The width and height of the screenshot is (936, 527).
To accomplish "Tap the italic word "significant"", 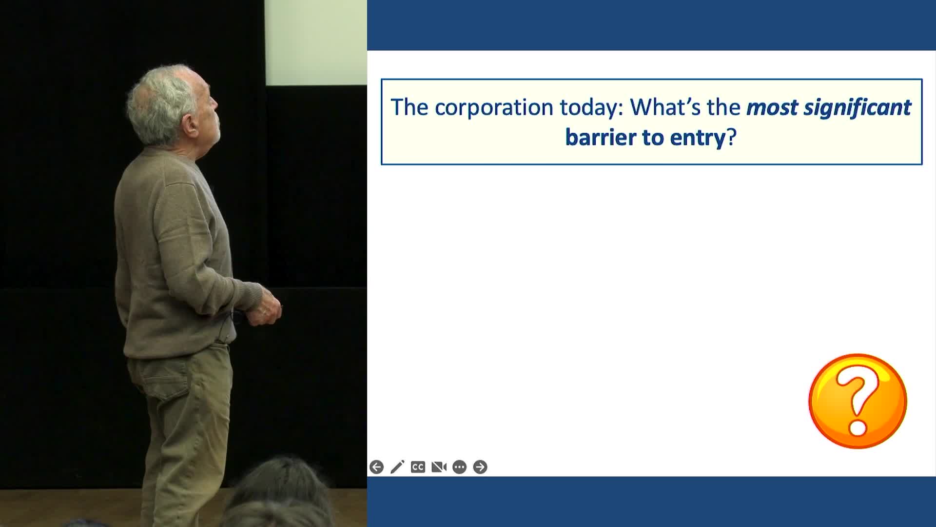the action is [857, 107].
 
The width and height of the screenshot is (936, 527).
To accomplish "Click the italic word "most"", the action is [772, 108].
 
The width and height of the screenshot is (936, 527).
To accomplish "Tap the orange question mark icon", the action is [858, 401].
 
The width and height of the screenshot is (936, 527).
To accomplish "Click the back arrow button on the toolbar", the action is [376, 467].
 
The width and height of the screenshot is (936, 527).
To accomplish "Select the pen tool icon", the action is [397, 467].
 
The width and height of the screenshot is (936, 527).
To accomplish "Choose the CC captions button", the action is [418, 467].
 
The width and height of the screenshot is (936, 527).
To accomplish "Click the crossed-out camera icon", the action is [439, 467].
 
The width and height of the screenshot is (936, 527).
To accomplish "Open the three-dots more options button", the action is [459, 467].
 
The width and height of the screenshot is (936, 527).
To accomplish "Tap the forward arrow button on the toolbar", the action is [480, 467].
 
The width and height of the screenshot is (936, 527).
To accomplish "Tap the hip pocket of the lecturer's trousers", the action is [158, 378].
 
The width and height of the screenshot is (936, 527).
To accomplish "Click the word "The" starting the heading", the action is [409, 107].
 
